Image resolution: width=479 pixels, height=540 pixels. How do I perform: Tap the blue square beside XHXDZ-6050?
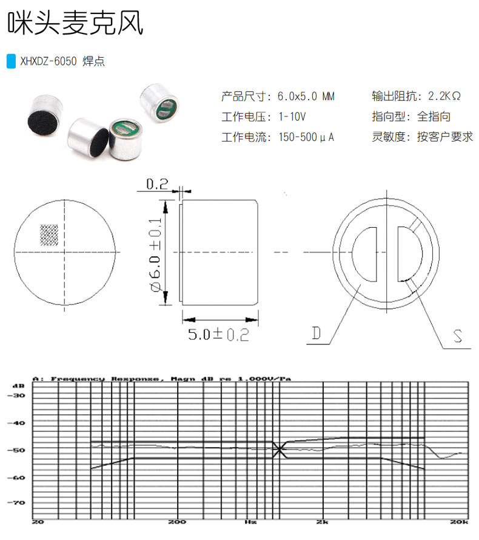pos(10,62)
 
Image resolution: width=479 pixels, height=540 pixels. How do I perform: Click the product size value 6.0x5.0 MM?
pos(306,96)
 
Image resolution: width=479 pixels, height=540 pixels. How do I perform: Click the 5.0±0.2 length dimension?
pos(218,334)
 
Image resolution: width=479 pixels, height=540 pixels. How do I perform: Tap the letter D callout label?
pos(317,333)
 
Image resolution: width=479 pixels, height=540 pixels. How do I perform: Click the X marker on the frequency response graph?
pos(279,449)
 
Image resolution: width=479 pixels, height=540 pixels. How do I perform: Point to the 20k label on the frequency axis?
pos(458,521)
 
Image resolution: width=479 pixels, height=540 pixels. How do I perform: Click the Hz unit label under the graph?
pos(250,521)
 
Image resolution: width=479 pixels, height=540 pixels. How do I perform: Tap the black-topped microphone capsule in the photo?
pos(44,115)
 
